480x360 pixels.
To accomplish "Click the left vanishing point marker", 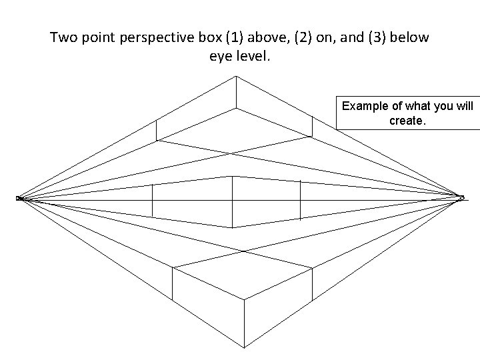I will coord(19,198).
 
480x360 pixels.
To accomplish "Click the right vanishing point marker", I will coord(461,197).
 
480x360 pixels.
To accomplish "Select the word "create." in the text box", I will coord(407,121).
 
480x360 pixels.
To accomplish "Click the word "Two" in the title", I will coord(65,37).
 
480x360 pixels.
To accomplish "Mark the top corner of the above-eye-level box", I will coord(235,77).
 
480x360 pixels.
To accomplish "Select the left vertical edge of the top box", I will coord(156,130).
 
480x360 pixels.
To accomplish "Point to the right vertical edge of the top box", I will coord(312,125).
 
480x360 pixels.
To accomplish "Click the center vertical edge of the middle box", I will coord(232,197).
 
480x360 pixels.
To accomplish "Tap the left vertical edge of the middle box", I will coord(153,200).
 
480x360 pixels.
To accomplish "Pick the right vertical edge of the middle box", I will coord(300,199).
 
